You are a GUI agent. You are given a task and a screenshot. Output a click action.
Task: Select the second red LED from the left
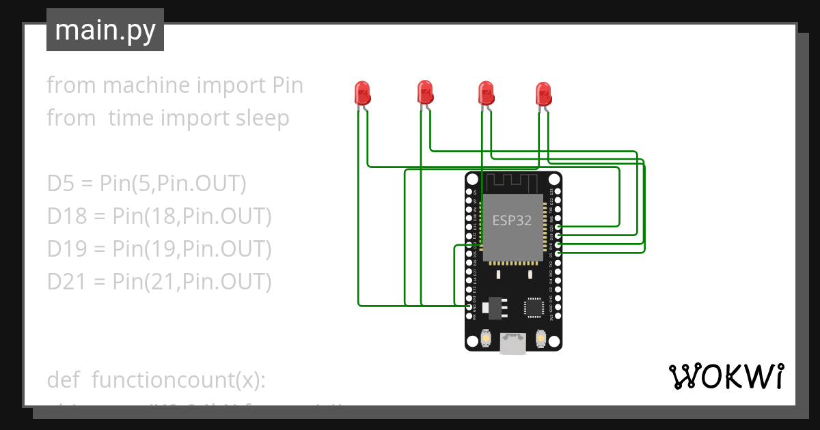424,91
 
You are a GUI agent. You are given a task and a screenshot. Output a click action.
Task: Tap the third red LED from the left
486,92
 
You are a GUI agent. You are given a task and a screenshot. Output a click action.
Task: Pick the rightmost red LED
543,93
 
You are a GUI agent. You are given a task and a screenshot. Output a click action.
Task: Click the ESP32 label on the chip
512,220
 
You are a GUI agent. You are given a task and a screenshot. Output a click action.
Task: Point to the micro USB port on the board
512,343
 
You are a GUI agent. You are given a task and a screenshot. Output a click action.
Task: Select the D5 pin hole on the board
558,253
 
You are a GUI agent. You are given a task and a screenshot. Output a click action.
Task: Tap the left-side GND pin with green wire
469,307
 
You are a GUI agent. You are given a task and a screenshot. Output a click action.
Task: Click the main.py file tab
105,30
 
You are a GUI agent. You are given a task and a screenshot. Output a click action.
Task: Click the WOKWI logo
726,377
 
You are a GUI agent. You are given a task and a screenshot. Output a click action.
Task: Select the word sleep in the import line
262,118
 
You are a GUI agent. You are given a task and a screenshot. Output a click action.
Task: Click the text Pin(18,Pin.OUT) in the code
192,216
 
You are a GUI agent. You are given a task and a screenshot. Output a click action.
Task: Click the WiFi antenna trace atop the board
512,182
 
